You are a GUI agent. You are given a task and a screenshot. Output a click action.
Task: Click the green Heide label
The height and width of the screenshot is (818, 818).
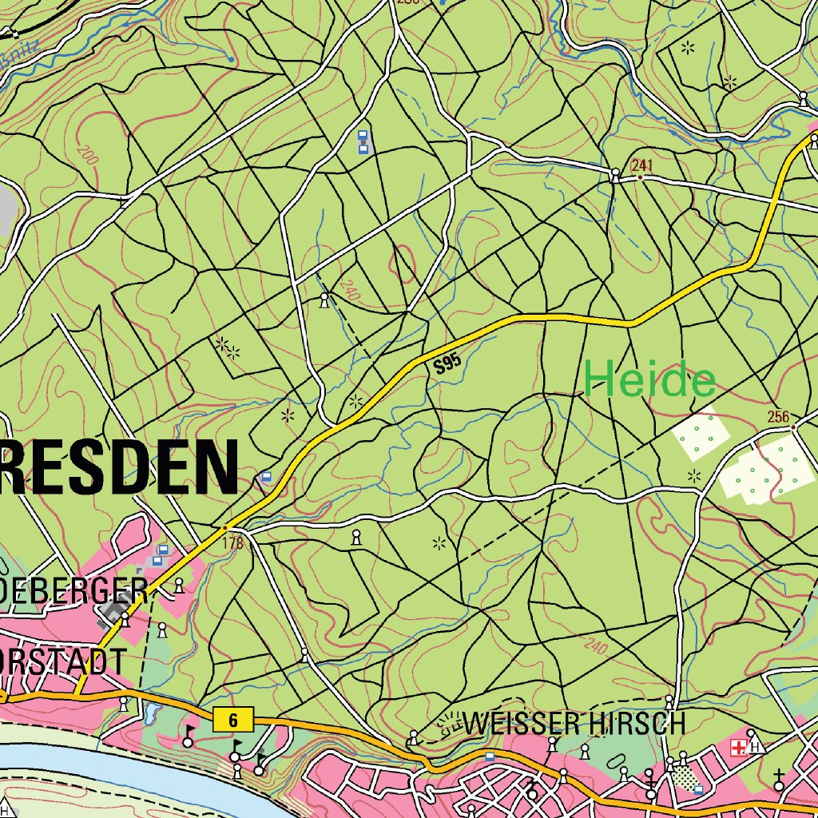(x=649, y=381)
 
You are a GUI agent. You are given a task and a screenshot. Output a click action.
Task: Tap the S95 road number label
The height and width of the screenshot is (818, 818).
(x=448, y=365)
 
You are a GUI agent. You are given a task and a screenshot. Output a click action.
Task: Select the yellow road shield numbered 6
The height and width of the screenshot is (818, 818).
(x=233, y=721)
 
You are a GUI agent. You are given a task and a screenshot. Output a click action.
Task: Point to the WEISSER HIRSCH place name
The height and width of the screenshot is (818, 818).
(x=574, y=724)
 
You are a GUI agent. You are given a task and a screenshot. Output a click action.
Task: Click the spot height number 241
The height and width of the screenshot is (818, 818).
(x=642, y=165)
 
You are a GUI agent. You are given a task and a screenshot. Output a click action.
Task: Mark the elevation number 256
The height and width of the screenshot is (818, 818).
(x=777, y=416)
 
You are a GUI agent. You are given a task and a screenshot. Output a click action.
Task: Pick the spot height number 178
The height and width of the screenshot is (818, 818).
(x=232, y=544)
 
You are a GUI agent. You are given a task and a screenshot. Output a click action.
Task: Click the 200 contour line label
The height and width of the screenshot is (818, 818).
(x=88, y=153)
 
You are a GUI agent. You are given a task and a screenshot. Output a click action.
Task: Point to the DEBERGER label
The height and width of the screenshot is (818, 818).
(x=73, y=592)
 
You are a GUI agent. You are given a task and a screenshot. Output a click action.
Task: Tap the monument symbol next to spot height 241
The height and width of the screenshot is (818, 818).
(x=615, y=174)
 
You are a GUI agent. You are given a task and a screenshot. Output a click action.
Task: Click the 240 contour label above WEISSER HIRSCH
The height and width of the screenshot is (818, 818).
(x=596, y=645)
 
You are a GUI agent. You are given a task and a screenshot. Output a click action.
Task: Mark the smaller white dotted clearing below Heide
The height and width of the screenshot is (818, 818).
(x=701, y=435)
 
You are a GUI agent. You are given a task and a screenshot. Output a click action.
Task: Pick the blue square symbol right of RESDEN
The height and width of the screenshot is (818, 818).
(x=266, y=477)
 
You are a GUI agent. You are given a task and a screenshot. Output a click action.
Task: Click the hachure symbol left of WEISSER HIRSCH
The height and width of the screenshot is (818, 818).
(x=448, y=723)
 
